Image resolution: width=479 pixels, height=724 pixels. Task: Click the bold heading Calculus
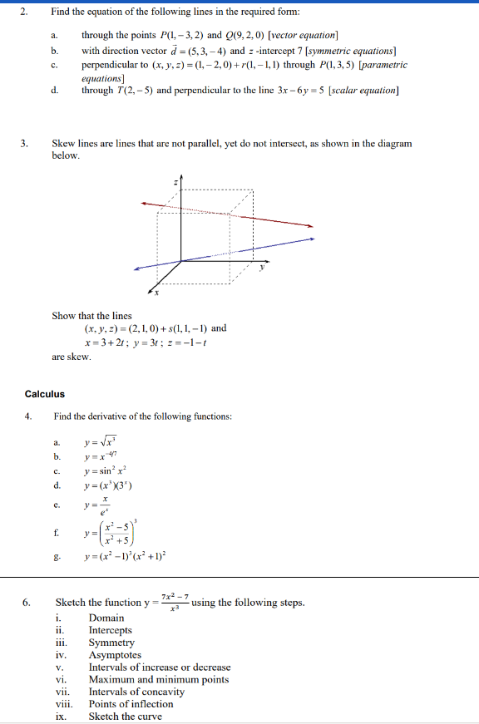click(44, 394)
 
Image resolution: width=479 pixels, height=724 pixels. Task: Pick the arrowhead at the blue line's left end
click(138, 268)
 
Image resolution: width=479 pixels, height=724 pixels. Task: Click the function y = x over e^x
click(101, 505)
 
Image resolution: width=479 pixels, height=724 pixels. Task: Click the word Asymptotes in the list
click(115, 655)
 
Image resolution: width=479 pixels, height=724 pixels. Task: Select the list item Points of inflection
click(131, 704)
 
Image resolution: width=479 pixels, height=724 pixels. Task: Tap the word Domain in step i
click(106, 618)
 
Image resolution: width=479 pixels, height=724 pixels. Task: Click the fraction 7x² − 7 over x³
click(173, 601)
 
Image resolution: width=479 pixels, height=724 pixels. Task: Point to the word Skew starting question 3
click(64, 144)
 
